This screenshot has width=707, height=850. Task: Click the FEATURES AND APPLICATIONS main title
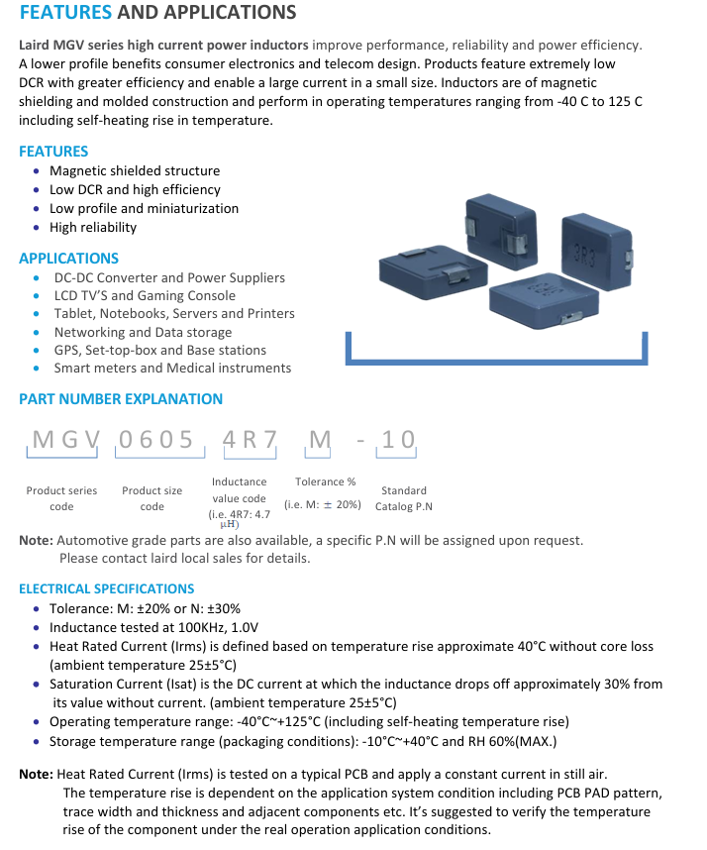157,13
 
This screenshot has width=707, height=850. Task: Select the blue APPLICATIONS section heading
68,258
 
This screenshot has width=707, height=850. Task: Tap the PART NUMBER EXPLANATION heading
121,399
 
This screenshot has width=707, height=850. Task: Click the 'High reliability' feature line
93,227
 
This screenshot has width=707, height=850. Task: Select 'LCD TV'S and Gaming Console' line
145,295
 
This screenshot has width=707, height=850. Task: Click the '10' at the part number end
398,439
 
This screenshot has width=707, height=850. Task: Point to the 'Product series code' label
61,498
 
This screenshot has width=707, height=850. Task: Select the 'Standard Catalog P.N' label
404,498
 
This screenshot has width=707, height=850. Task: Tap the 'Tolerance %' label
326,481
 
